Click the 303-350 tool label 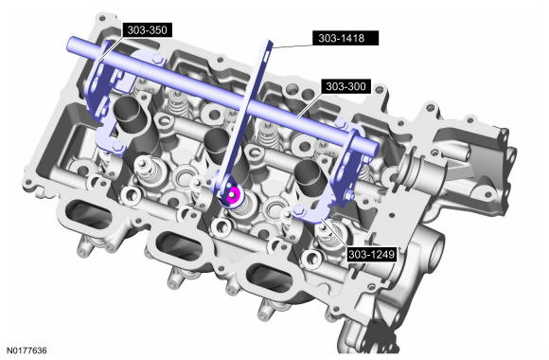point(147,30)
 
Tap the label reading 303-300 point(345,86)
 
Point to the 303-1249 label point(371,254)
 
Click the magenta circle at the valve point(233,195)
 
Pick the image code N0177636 point(27,351)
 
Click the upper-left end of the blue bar point(70,44)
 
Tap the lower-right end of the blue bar point(375,149)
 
